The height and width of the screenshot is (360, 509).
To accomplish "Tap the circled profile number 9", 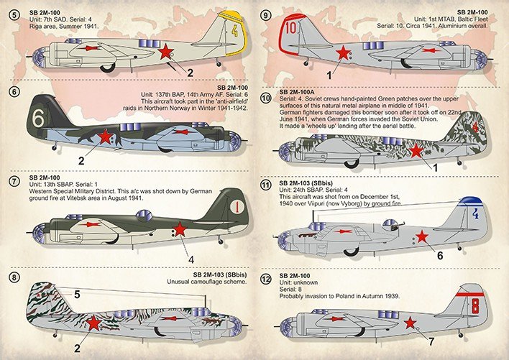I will pos(266,11).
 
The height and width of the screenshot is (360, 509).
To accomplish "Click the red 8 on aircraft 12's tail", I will pos(474,304).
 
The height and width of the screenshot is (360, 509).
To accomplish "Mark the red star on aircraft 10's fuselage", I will pos(416,150).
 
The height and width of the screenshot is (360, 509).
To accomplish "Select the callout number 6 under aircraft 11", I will pos(439,254).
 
